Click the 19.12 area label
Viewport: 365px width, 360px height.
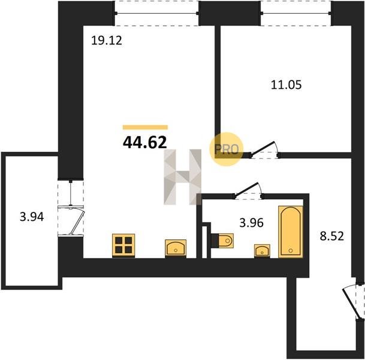tap(107, 41)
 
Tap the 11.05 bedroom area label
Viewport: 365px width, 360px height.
tap(286, 85)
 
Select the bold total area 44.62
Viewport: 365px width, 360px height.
tap(145, 142)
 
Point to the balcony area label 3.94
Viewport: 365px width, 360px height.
tap(32, 217)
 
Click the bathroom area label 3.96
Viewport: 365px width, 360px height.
tap(251, 223)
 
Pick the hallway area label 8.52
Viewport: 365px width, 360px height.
tap(331, 236)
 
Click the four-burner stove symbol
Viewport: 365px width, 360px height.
tap(123, 245)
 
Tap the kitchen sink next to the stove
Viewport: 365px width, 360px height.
tap(176, 248)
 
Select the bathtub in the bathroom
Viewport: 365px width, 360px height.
tap(291, 232)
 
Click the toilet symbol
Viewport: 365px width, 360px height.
tap(222, 241)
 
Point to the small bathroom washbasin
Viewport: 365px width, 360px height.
tap(262, 251)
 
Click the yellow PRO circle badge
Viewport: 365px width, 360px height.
tap(227, 149)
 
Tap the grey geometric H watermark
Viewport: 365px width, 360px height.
tap(182, 177)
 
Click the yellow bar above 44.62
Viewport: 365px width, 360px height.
tap(145, 127)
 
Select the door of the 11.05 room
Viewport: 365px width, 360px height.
tap(264, 150)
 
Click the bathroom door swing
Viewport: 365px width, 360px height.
tap(249, 191)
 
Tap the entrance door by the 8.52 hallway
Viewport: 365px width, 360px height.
tap(354, 304)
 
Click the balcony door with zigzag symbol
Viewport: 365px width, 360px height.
tap(71, 208)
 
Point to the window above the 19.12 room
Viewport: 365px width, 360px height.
tap(156, 13)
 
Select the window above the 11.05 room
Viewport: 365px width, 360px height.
tap(295, 13)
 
